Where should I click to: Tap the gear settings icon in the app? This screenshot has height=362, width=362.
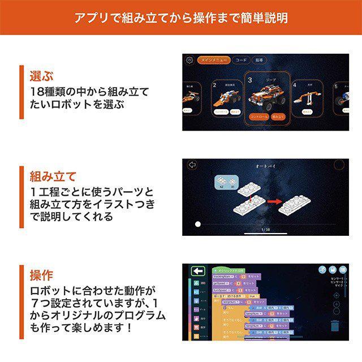[189, 60]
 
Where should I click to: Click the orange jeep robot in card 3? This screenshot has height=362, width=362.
[268, 94]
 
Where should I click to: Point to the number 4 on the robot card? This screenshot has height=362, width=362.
[295, 85]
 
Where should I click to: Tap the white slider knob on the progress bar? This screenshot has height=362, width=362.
[197, 224]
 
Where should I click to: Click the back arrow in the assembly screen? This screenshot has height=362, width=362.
[191, 165]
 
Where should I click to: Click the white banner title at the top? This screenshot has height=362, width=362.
[181, 18]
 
